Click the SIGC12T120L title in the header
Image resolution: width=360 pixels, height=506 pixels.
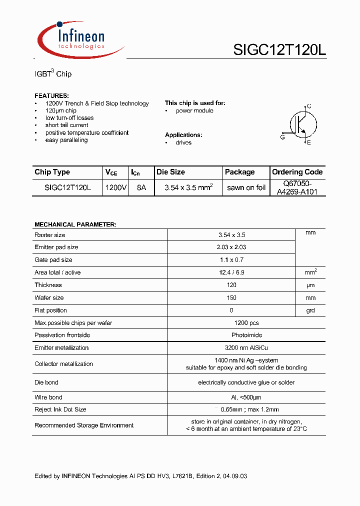pyautogui.click(x=279, y=50)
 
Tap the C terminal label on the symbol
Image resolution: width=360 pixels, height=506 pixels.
pyautogui.click(x=309, y=106)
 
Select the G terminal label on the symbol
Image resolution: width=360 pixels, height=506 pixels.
pyautogui.click(x=282, y=137)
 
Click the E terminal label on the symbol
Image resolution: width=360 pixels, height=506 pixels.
pyautogui.click(x=309, y=143)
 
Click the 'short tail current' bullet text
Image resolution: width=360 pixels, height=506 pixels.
pyautogui.click(x=66, y=125)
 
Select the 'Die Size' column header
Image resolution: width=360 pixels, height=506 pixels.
pyautogui.click(x=170, y=172)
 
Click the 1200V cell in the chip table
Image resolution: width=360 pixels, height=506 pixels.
pyautogui.click(x=115, y=188)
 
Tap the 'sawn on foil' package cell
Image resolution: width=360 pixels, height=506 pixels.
pyautogui.click(x=246, y=188)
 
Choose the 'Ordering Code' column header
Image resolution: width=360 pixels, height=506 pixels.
pyautogui.click(x=297, y=172)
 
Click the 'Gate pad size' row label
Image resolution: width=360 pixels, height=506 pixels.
pyautogui.click(x=53, y=260)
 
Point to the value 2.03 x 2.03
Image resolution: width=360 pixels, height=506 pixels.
pyautogui.click(x=232, y=247)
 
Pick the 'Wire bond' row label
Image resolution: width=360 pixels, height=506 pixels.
pyautogui.click(x=48, y=397)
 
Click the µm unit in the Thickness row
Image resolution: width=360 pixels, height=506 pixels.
pyautogui.click(x=310, y=285)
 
